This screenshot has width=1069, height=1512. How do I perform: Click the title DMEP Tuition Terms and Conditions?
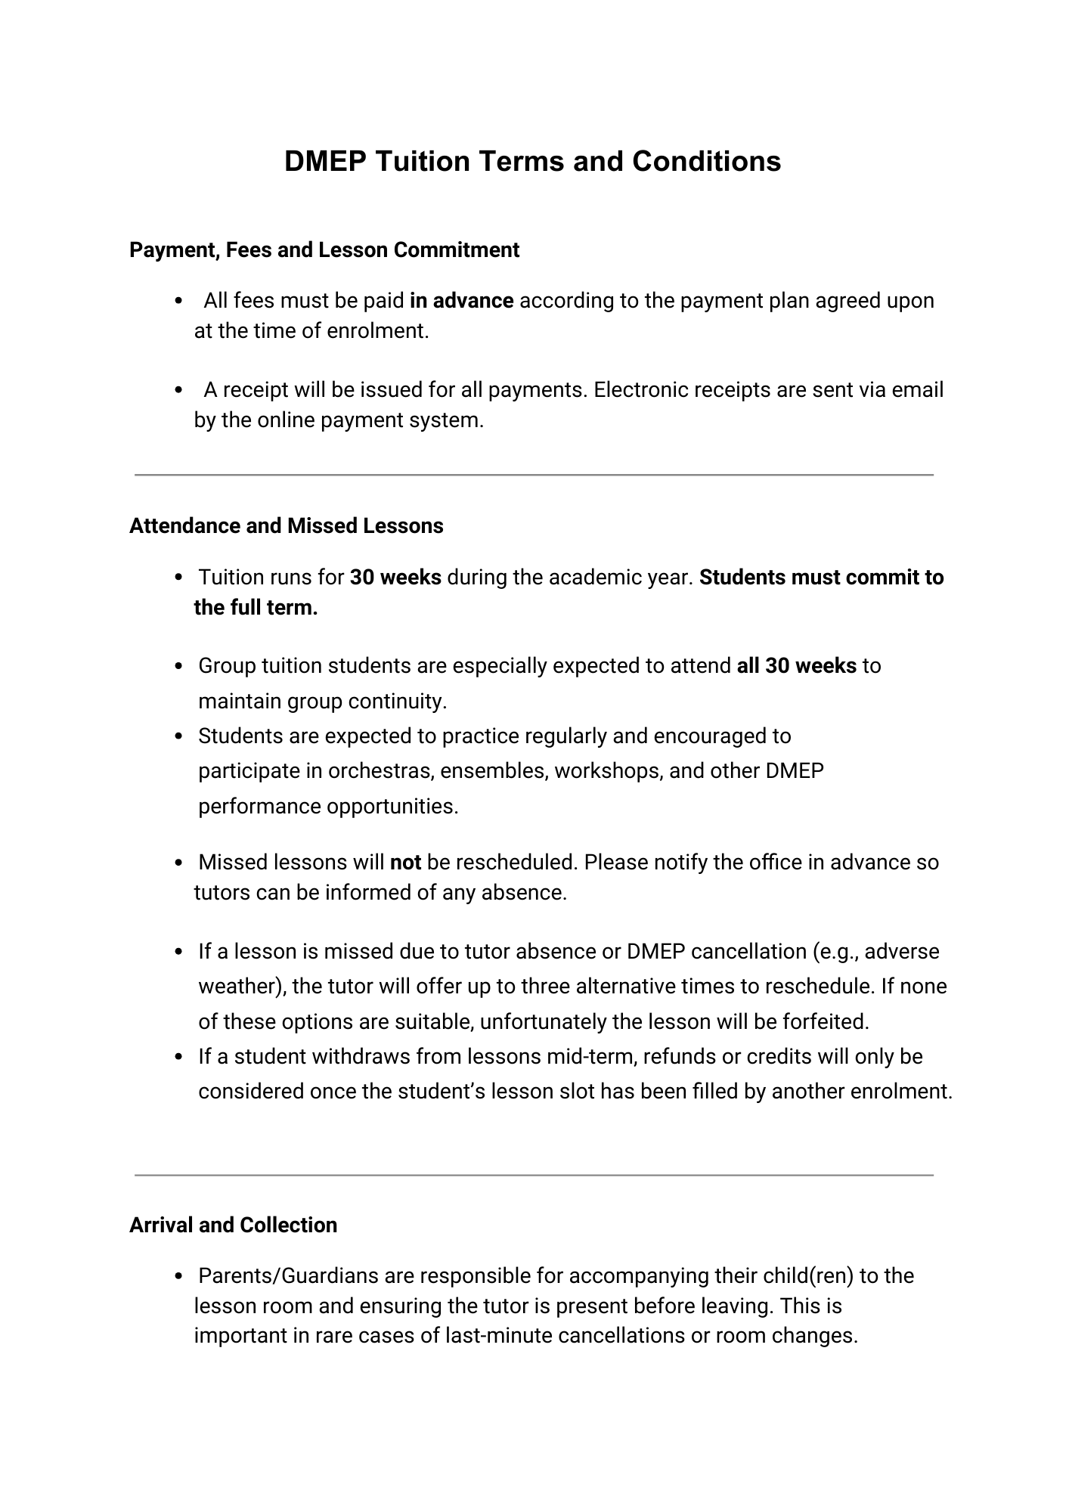pyautogui.click(x=532, y=162)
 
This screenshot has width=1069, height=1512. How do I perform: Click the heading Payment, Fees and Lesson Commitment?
pyautogui.click(x=324, y=250)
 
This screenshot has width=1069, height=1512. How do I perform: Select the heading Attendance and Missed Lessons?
pyautogui.click(x=287, y=526)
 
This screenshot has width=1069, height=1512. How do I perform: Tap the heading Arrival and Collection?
pyautogui.click(x=233, y=1225)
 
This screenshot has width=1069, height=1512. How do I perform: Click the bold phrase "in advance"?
pyautogui.click(x=461, y=301)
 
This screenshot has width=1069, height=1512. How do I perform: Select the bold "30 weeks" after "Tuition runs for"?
pyautogui.click(x=395, y=578)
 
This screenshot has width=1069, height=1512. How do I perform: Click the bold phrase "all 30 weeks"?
pyautogui.click(x=796, y=666)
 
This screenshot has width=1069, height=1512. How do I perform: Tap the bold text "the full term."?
pyautogui.click(x=256, y=608)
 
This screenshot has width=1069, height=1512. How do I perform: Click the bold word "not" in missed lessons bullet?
pyautogui.click(x=405, y=863)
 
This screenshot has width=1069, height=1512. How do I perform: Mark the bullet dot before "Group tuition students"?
pyautogui.click(x=179, y=667)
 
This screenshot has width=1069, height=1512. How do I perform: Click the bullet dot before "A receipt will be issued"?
pyautogui.click(x=179, y=391)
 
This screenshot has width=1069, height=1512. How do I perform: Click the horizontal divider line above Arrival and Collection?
pyautogui.click(x=534, y=1176)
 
